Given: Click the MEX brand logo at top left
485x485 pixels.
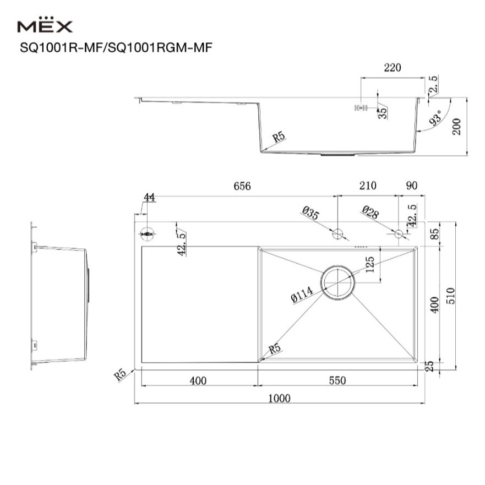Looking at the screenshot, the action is pyautogui.click(x=45, y=25).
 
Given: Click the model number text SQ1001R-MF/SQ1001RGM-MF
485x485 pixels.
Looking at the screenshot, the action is pyautogui.click(x=116, y=48).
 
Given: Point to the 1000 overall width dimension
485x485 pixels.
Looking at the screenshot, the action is pyautogui.click(x=279, y=398).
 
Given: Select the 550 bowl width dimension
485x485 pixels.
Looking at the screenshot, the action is pyautogui.click(x=337, y=380).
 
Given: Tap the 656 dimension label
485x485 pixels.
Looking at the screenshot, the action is pyautogui.click(x=242, y=186).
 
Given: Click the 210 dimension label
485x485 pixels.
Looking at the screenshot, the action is pyautogui.click(x=368, y=186).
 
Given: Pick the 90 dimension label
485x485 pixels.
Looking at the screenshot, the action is pyautogui.click(x=412, y=186).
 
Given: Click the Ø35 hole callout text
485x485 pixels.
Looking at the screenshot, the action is pyautogui.click(x=310, y=213).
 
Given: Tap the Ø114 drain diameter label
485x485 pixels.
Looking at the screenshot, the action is pyautogui.click(x=302, y=294).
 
